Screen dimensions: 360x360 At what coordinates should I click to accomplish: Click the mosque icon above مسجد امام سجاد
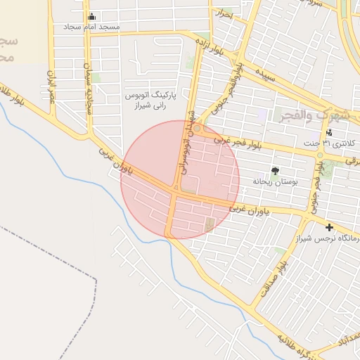[92, 17]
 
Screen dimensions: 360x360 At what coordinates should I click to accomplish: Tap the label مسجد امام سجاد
[92, 27]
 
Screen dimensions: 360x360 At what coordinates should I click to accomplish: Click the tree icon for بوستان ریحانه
[276, 171]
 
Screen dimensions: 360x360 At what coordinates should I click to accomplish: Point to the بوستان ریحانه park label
[276, 181]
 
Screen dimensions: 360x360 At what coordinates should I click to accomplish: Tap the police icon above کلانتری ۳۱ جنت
[329, 133]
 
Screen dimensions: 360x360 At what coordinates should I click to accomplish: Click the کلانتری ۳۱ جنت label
[330, 143]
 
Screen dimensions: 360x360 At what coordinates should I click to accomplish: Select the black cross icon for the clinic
[329, 226]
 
